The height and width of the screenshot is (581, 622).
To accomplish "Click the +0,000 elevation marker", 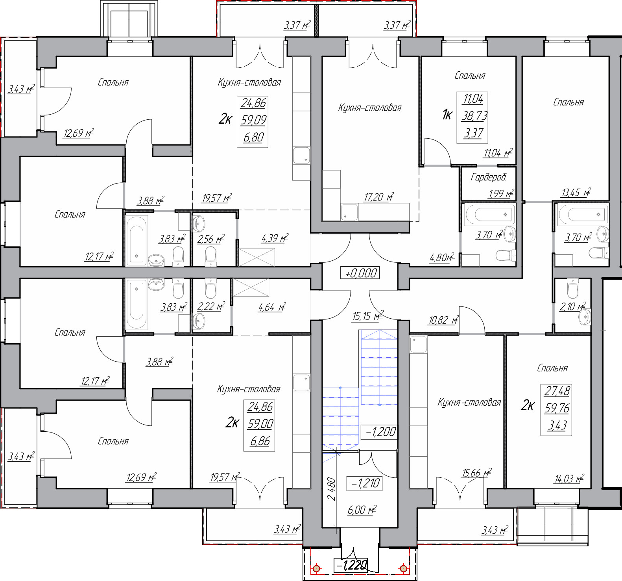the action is click(x=360, y=273).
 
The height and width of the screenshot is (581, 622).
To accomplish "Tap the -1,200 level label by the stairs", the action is click(x=380, y=432).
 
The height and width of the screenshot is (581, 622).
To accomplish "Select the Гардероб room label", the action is click(x=488, y=178).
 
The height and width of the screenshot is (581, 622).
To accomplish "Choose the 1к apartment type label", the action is click(x=447, y=115).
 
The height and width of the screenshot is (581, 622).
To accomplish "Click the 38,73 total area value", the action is click(x=474, y=116).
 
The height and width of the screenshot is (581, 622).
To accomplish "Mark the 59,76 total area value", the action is click(x=557, y=408).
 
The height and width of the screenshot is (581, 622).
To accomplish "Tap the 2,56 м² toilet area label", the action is click(x=211, y=239).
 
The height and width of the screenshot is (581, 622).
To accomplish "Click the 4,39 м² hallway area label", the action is click(x=275, y=238).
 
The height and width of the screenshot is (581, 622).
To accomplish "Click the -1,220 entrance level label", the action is click(x=351, y=565).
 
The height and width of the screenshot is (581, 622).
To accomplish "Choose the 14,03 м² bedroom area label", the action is click(x=569, y=479).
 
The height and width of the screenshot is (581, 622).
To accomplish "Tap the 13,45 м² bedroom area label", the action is click(x=576, y=192).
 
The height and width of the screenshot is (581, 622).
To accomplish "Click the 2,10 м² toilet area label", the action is click(x=573, y=306).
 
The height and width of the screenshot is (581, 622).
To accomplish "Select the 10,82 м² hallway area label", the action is click(x=443, y=320).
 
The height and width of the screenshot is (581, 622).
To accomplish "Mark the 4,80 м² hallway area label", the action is click(x=442, y=258).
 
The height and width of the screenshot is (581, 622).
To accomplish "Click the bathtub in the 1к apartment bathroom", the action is click(x=489, y=215).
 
